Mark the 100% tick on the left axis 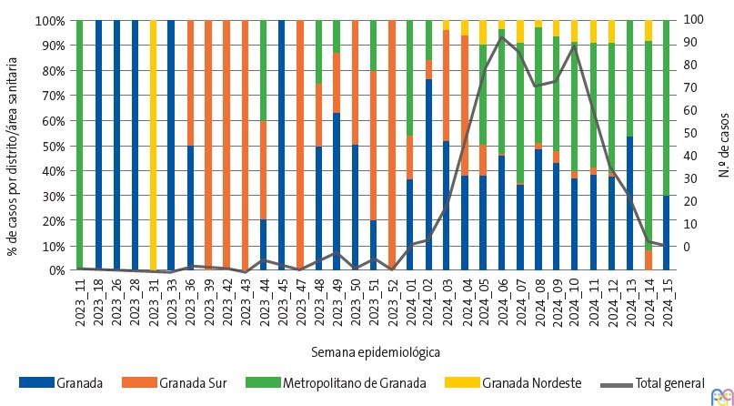pos(52,20)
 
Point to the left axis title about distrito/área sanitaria pos(13,145)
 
